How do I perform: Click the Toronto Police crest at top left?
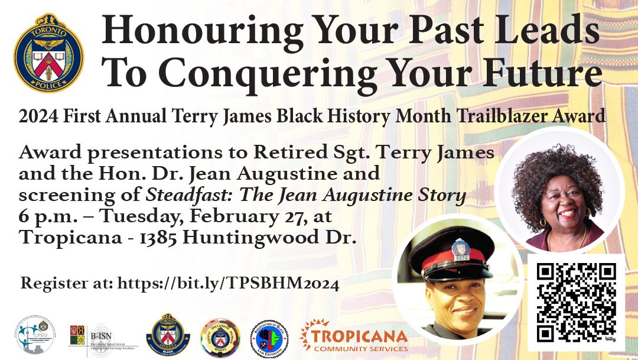(x=48, y=54)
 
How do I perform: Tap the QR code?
(x=576, y=302)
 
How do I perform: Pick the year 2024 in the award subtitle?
(x=38, y=116)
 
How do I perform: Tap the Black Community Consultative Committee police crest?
(x=168, y=336)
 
